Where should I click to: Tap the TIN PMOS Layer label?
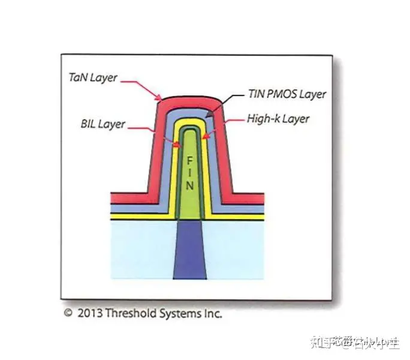[x=287, y=94]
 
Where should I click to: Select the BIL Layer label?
[x=103, y=124]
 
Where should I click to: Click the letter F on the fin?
[x=189, y=161]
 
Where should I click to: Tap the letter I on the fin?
[x=189, y=173]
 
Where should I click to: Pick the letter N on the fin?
[x=189, y=186]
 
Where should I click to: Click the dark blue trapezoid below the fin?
[x=189, y=252]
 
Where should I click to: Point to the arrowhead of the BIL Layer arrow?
[x=177, y=145]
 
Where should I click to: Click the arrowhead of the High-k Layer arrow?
[x=204, y=137]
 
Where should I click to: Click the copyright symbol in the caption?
[x=68, y=313]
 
